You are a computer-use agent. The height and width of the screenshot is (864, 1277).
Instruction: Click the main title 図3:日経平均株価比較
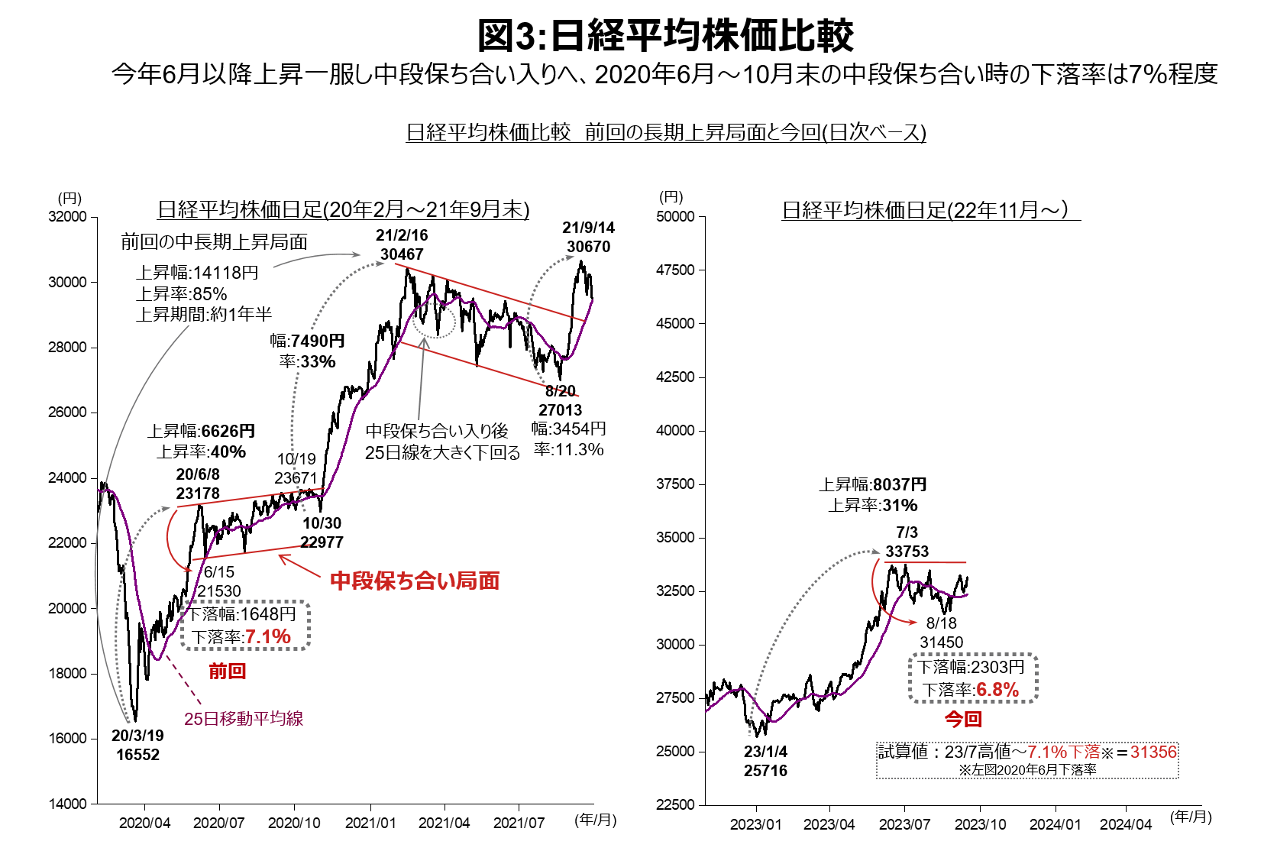(x=665, y=36)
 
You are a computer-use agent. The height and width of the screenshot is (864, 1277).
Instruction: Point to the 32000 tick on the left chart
(x=67, y=217)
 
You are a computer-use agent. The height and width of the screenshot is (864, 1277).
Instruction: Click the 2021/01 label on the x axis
(x=370, y=823)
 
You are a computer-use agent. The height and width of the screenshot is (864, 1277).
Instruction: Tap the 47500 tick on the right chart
(x=676, y=270)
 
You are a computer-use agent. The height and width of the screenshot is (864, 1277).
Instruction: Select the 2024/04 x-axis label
(x=1126, y=824)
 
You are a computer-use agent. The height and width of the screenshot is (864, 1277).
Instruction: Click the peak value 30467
(x=402, y=254)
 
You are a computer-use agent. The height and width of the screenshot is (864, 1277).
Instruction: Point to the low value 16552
(x=138, y=755)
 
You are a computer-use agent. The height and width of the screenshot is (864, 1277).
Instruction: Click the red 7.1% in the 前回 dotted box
(x=268, y=636)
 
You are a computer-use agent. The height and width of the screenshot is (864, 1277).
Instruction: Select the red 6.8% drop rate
(x=997, y=690)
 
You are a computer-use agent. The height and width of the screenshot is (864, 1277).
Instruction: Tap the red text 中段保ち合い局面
(x=415, y=581)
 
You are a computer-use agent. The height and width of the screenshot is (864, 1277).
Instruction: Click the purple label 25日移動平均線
(x=244, y=719)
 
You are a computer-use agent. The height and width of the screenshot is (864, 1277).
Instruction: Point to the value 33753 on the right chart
(x=907, y=552)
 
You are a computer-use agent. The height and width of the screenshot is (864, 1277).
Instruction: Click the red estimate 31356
(x=1153, y=752)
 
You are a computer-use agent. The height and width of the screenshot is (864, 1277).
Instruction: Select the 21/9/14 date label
(x=588, y=228)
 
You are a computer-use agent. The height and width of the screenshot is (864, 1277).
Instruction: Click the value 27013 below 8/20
(x=561, y=410)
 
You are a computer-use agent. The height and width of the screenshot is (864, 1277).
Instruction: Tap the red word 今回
(x=963, y=719)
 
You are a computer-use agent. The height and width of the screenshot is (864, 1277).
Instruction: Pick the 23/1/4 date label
(x=765, y=752)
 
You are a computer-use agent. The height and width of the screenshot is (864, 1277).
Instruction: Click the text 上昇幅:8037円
(x=873, y=485)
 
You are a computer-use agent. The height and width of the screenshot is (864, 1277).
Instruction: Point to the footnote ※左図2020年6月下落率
(x=1027, y=770)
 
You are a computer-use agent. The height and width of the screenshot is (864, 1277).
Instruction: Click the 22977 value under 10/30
(x=322, y=542)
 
